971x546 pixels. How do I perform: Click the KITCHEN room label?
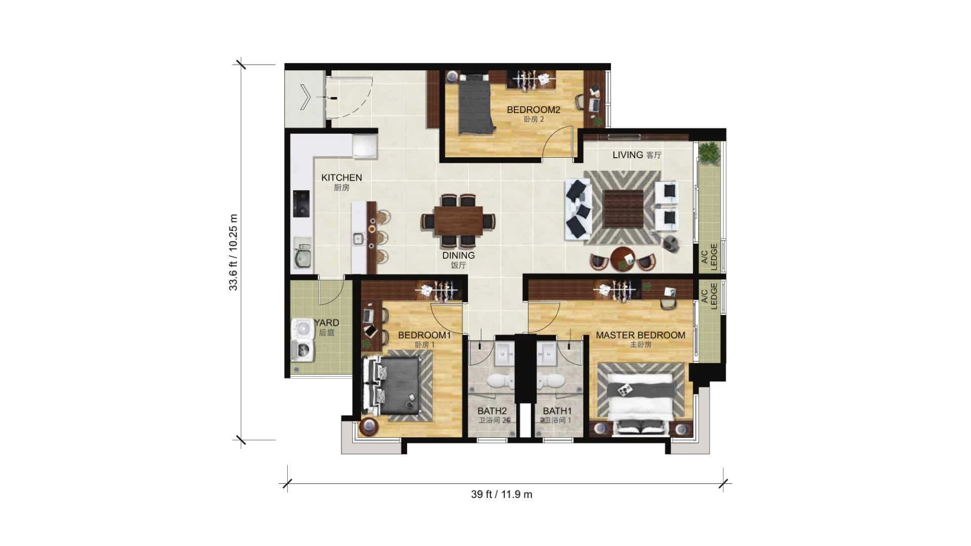click(341, 177)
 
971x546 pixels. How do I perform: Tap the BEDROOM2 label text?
click(534, 110)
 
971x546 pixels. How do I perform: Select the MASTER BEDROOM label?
click(640, 335)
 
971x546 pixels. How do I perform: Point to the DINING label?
click(458, 255)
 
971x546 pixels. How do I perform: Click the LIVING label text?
click(628, 155)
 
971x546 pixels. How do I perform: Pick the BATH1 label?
click(557, 411)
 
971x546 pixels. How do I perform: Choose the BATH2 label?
click(492, 411)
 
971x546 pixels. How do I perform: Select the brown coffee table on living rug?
click(623, 209)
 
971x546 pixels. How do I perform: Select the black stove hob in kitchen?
click(301, 203)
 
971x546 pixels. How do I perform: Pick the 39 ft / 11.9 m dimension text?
click(502, 494)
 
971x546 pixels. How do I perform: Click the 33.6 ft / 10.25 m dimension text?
click(233, 252)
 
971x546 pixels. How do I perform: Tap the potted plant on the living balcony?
click(709, 153)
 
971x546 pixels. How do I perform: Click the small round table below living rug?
click(623, 259)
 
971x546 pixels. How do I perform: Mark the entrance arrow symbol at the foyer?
click(305, 97)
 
